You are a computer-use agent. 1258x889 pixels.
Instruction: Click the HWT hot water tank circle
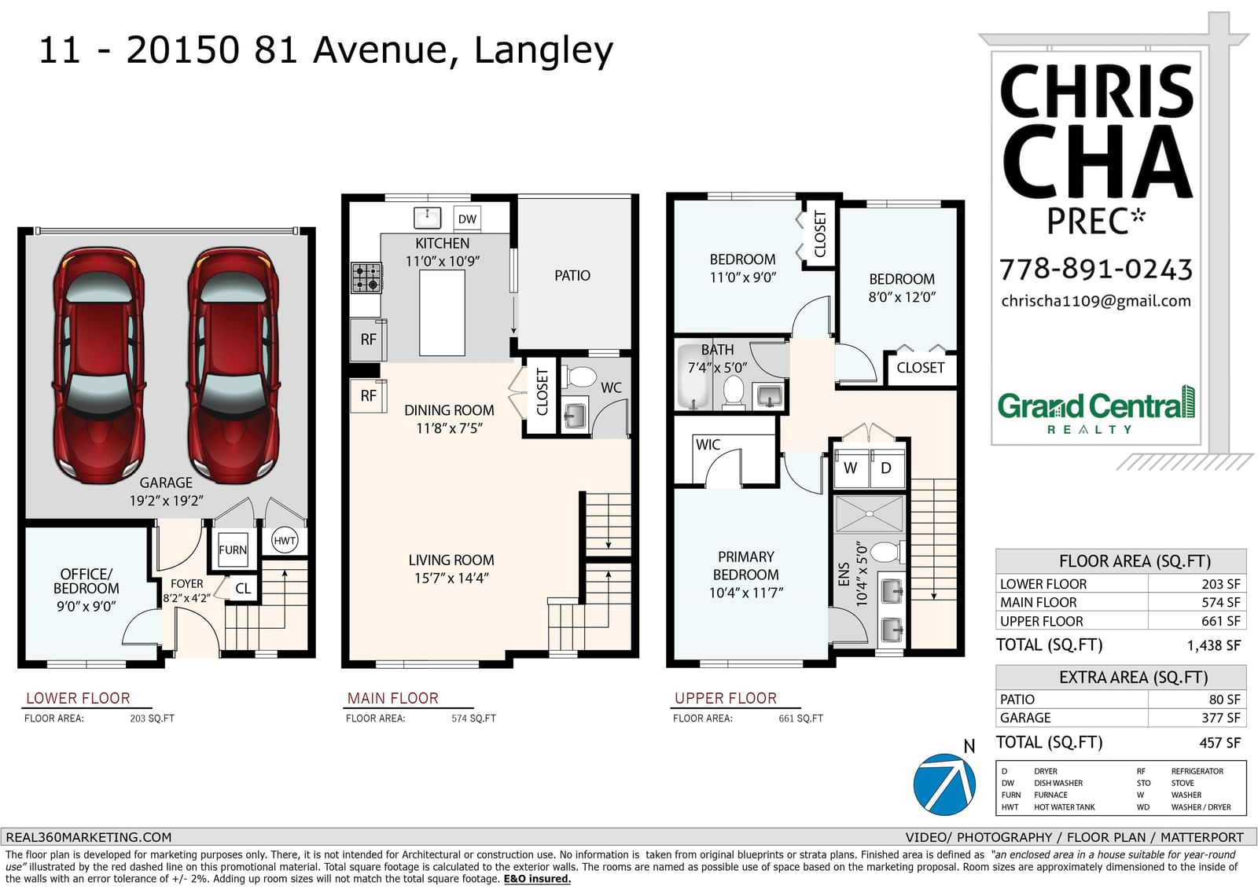click(284, 540)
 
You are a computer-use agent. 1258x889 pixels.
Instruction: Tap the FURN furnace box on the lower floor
click(233, 549)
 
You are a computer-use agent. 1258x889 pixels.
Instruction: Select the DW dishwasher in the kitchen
click(467, 219)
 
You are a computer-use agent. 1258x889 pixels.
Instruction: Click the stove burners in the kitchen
click(366, 277)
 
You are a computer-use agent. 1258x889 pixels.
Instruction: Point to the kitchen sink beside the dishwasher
click(427, 217)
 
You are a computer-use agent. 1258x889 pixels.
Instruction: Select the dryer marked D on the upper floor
click(887, 467)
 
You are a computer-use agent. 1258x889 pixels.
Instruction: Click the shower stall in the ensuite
click(869, 513)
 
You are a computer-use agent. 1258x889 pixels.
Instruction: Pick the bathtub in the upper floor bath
click(695, 376)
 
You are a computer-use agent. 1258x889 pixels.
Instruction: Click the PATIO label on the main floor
click(572, 275)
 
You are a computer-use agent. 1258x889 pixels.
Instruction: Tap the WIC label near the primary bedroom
click(708, 444)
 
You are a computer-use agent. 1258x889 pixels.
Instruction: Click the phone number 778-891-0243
click(1096, 269)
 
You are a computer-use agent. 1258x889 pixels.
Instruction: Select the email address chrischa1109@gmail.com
click(1096, 301)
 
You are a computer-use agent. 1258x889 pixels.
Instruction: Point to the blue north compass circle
click(944, 784)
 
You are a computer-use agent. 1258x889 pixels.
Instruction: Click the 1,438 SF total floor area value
click(1214, 645)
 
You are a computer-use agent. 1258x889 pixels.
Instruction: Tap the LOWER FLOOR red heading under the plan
click(78, 698)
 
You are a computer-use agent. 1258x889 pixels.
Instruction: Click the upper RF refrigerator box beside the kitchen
click(369, 340)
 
